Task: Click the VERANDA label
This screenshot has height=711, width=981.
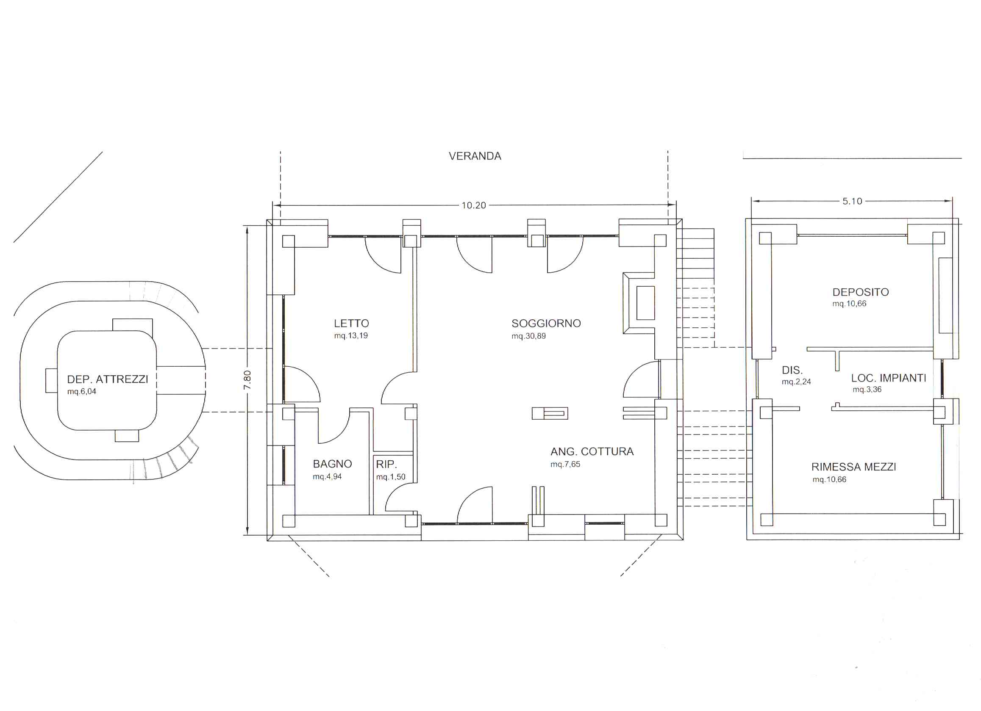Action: (475, 156)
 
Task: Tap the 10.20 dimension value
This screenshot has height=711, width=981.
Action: (474, 205)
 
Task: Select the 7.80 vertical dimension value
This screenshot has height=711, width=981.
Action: (247, 380)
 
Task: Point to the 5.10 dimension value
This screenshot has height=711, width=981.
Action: (852, 201)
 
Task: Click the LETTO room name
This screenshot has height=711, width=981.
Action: (351, 323)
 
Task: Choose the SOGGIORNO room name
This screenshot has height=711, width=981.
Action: (546, 323)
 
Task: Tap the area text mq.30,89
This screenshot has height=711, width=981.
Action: (528, 336)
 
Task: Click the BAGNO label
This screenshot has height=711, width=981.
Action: (332, 464)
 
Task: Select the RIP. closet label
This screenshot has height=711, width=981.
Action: (386, 464)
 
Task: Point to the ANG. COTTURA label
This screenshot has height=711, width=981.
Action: (592, 451)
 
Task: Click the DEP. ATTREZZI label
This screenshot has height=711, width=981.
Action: (107, 379)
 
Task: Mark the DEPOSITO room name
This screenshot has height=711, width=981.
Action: (860, 292)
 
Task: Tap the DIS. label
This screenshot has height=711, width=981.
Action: (792, 370)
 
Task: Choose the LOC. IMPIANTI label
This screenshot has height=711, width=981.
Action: (889, 378)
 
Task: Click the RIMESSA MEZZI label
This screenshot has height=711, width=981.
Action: (853, 467)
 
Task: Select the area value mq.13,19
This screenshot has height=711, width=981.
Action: (351, 335)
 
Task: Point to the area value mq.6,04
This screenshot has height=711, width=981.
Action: (81, 391)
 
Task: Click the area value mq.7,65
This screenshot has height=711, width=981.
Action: (565, 464)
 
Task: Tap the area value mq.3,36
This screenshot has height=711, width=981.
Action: (867, 390)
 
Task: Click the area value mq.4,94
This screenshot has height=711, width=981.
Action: (327, 476)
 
